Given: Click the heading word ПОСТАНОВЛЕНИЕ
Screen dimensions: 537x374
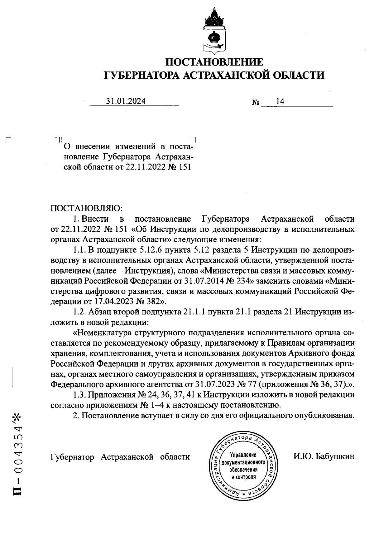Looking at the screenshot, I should (x=213, y=62).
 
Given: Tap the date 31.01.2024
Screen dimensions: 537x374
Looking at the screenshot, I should (x=126, y=101).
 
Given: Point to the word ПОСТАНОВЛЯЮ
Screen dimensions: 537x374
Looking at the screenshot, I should (x=87, y=208).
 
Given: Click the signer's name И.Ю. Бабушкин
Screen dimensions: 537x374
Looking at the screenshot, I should (x=324, y=457).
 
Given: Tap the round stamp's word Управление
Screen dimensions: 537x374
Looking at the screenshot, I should (x=243, y=455).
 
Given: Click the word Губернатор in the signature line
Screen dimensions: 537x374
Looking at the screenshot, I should (x=72, y=457).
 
